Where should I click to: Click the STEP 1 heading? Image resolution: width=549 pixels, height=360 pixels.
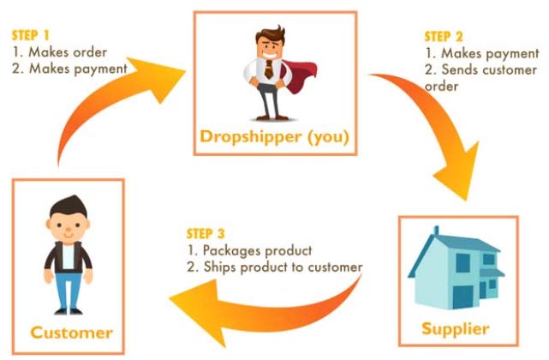(x=31, y=35)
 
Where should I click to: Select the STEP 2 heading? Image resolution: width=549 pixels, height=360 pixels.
(x=444, y=37)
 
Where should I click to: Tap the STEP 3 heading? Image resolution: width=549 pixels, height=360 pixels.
(x=206, y=233)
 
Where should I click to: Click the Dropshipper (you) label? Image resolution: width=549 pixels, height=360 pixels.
(x=274, y=136)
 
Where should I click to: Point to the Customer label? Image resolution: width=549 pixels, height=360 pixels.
(x=71, y=333)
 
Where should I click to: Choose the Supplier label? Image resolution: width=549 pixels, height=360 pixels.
(x=456, y=329)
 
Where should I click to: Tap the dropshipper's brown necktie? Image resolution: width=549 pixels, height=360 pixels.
(x=269, y=69)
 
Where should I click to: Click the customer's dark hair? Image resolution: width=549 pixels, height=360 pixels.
(x=69, y=206)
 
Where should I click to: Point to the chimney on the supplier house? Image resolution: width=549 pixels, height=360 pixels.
(x=436, y=231)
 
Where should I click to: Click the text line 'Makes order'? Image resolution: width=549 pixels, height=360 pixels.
(x=59, y=52)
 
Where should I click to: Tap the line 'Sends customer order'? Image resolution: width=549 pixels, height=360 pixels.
(x=480, y=78)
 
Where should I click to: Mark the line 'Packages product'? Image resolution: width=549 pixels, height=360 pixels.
(x=249, y=250)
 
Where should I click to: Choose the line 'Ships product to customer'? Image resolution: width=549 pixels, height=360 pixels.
(x=274, y=267)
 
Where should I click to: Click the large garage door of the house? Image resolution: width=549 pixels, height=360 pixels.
(x=462, y=297)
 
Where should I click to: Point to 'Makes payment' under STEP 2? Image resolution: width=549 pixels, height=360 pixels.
(x=482, y=53)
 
